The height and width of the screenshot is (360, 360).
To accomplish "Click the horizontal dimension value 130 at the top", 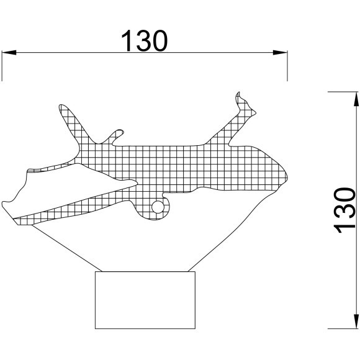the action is click(144, 40).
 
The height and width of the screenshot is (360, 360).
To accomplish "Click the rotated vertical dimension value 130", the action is click(344, 210).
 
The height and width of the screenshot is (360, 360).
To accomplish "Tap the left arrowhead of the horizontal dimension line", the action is click(9, 52).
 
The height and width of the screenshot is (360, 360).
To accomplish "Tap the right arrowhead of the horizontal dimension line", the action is click(280, 52).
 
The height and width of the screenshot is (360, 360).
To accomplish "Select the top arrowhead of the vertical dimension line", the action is click(356, 99).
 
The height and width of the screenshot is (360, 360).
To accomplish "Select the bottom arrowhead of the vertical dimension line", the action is click(356, 322).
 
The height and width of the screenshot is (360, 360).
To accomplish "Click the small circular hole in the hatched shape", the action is click(158, 207).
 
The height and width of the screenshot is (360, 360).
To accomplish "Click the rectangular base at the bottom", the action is click(145, 300).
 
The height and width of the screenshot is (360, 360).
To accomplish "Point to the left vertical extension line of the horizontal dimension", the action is click(2, 66).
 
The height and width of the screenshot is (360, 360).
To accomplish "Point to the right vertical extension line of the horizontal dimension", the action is click(287, 66).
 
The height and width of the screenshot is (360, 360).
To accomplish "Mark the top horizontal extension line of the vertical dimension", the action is click(343, 92).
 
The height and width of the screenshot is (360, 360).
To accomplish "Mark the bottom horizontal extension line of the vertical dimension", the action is click(343, 328).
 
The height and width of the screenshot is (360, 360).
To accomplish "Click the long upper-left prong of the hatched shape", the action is click(71, 124).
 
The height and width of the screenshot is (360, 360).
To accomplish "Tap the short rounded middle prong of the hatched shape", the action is click(116, 136).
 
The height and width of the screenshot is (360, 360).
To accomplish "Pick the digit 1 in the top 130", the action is click(126, 40).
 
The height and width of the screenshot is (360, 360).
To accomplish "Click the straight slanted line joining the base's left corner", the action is click(66, 248).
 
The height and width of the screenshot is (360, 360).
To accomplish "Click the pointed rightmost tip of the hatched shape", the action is click(287, 178).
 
